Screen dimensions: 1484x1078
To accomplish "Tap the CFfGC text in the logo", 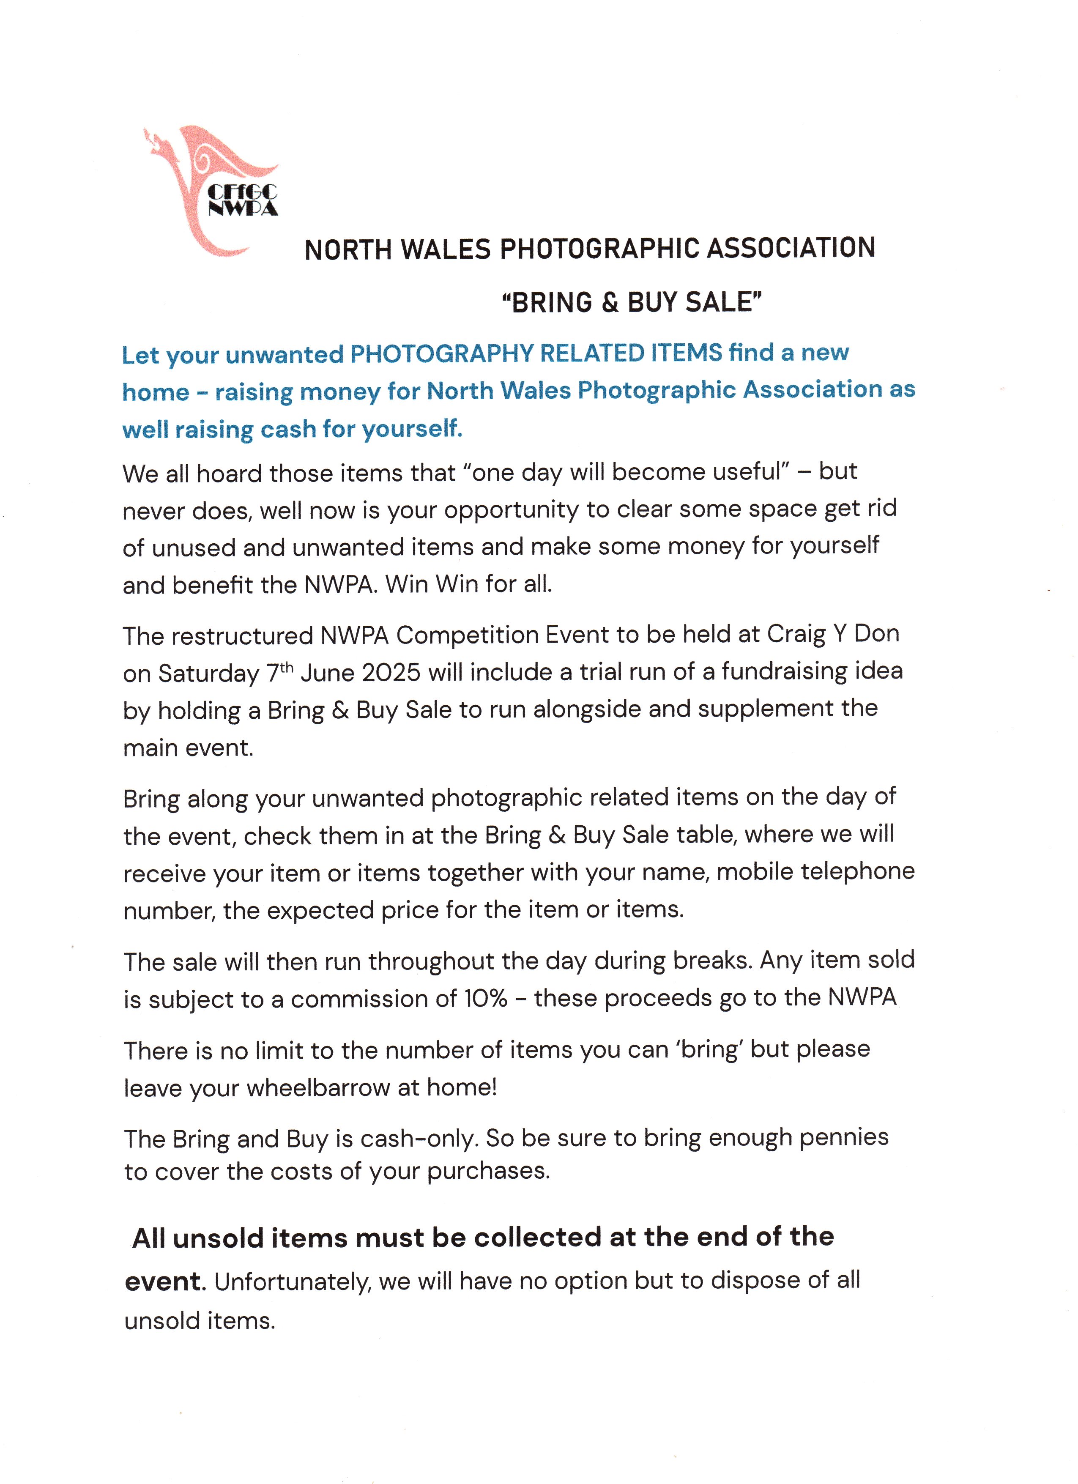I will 242,192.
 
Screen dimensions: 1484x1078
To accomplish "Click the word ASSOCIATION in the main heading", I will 791,249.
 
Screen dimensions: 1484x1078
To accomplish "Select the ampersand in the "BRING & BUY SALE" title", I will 610,303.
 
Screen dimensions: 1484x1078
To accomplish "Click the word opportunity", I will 512,510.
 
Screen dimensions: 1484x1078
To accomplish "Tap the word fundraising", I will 785,671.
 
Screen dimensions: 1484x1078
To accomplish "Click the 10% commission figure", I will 485,999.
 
